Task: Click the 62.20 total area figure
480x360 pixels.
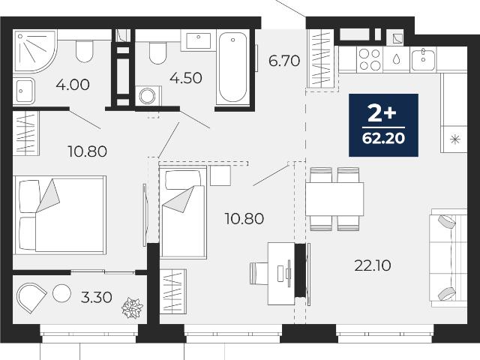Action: pyautogui.click(x=383, y=138)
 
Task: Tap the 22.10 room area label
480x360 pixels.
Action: pyautogui.click(x=373, y=265)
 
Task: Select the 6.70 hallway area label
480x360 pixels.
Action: pyautogui.click(x=284, y=61)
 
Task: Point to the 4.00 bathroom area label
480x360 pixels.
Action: pyautogui.click(x=73, y=85)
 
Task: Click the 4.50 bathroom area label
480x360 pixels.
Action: pyautogui.click(x=186, y=78)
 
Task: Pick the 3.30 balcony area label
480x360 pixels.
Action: pyautogui.click(x=97, y=297)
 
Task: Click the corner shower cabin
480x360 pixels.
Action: pyautogui.click(x=35, y=51)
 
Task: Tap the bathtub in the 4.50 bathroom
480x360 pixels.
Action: pyautogui.click(x=232, y=67)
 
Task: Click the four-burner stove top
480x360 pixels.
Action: pyautogui.click(x=370, y=59)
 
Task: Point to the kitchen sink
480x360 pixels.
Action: pyautogui.click(x=423, y=59)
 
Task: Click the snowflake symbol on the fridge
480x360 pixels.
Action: pyautogui.click(x=455, y=139)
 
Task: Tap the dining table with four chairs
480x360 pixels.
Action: pyautogui.click(x=334, y=199)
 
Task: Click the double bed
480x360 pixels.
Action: pyautogui.click(x=60, y=215)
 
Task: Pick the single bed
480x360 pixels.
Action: pyautogui.click(x=183, y=211)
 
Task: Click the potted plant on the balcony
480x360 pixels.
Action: pyautogui.click(x=132, y=307)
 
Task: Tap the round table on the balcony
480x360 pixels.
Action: pyautogui.click(x=61, y=293)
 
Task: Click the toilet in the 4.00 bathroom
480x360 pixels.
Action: pyautogui.click(x=84, y=51)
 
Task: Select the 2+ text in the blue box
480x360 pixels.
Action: pyautogui.click(x=382, y=113)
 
